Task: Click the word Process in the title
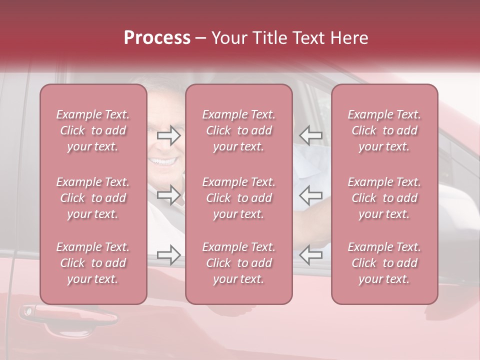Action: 157,38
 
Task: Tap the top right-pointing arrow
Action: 168,135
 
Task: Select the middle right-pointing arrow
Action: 168,195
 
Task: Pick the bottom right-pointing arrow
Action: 168,255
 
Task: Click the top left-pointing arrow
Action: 311,135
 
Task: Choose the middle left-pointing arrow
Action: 311,195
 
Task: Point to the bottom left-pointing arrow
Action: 311,255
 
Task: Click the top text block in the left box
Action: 93,130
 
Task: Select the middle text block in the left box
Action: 93,198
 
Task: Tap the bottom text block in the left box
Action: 93,263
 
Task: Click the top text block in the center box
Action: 239,130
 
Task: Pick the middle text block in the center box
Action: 239,198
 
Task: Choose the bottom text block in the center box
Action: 239,263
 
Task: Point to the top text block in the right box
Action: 384,130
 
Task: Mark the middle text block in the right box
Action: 384,198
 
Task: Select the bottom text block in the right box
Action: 384,263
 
